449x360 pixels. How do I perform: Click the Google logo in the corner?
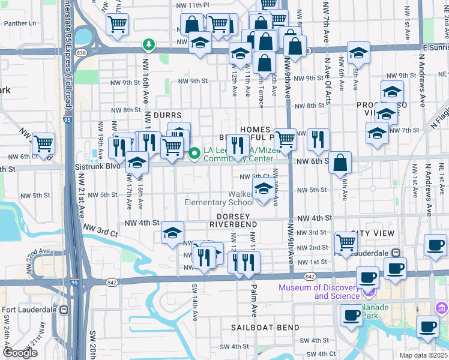click(x=20, y=353)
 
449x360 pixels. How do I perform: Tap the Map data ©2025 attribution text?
click(x=424, y=355)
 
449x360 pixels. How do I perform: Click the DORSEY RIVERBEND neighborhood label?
click(x=234, y=220)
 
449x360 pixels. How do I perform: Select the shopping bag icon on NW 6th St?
click(x=340, y=162)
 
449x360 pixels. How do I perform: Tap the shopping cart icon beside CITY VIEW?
click(x=346, y=242)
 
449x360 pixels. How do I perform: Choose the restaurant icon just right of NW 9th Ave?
click(x=318, y=139)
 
